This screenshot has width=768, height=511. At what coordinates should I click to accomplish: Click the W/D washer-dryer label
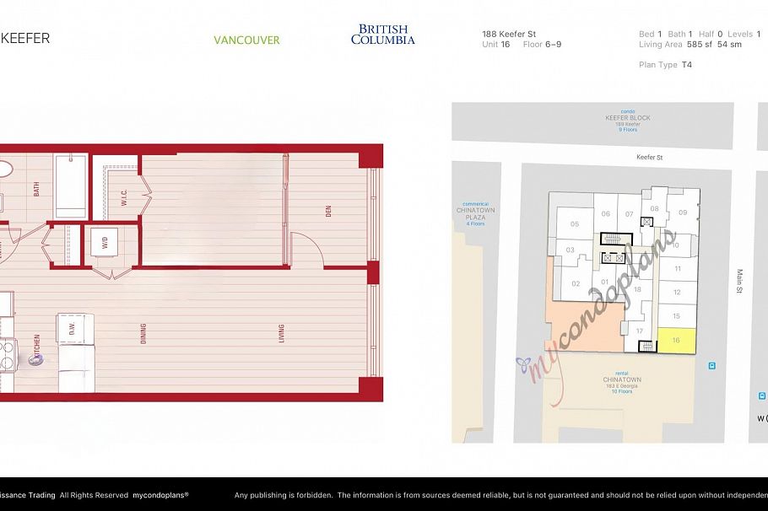[x=105, y=243]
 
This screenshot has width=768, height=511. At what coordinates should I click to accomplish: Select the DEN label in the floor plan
[x=328, y=212]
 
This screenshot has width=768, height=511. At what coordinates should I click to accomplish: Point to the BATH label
[x=36, y=190]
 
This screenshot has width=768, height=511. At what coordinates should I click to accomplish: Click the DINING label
[x=143, y=333]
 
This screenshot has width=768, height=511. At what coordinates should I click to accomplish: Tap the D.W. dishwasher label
[x=73, y=329]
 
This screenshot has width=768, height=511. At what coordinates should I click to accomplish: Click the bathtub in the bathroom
[x=70, y=186]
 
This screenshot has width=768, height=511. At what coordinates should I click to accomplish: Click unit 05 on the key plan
[x=575, y=224]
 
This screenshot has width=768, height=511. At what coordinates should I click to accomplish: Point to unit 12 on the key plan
[x=676, y=293]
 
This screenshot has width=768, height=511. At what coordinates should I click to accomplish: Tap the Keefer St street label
[x=649, y=157]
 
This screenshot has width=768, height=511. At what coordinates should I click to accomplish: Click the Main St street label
[x=738, y=281]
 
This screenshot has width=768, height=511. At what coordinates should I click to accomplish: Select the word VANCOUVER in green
[x=246, y=40]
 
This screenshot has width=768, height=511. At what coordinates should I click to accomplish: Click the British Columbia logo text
[x=383, y=35]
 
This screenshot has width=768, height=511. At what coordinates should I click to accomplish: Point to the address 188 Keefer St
[x=509, y=35]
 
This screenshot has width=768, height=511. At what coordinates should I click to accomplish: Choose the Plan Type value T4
[x=686, y=65]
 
